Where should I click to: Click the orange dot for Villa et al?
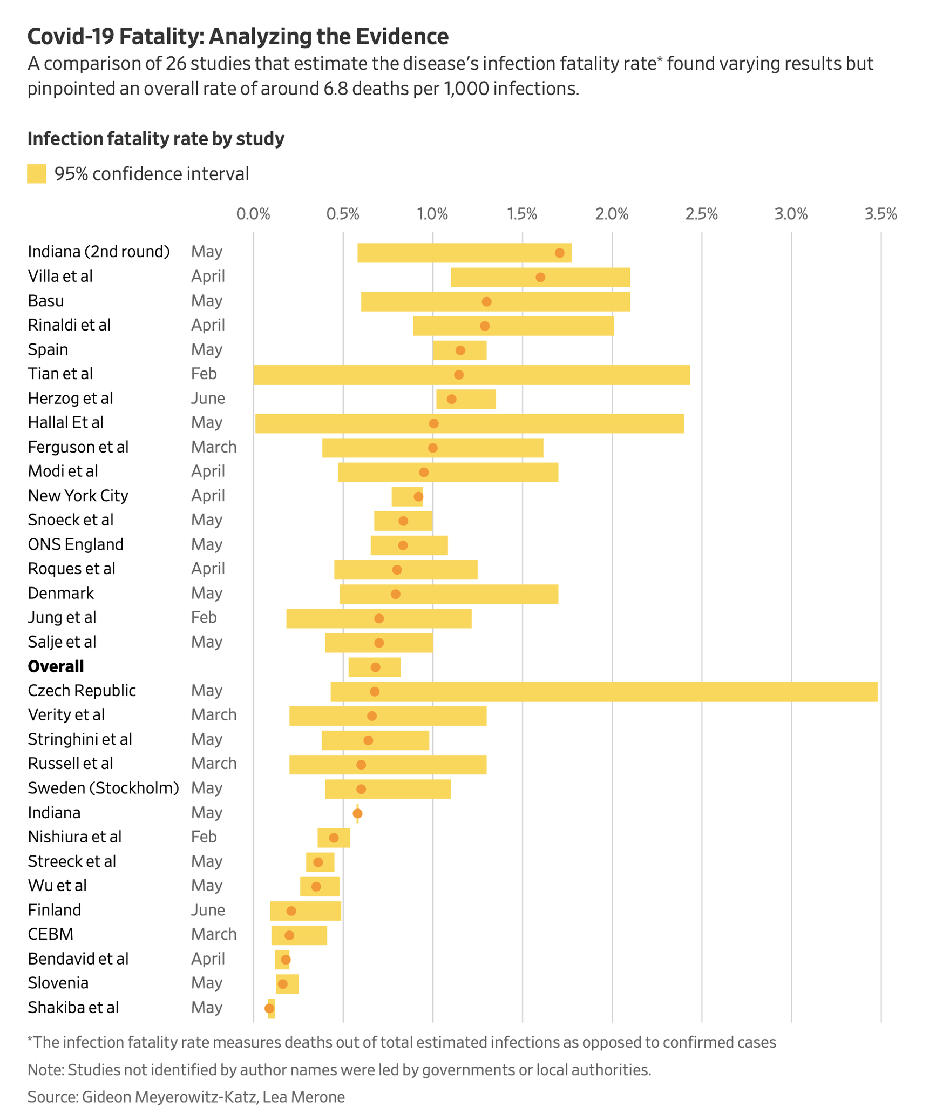click(540, 277)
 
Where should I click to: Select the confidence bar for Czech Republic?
click(604, 691)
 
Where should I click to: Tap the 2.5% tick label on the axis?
click(702, 214)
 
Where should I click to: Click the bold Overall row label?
click(56, 666)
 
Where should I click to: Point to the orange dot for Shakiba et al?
click(269, 1008)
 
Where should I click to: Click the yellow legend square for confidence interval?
click(37, 174)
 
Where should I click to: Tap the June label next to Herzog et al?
click(208, 399)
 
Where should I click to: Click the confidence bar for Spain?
click(459, 350)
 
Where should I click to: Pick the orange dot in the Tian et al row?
click(459, 375)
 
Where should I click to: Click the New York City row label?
click(78, 496)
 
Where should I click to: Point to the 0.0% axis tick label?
click(253, 214)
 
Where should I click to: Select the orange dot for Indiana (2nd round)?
click(560, 253)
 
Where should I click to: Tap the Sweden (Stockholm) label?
click(103, 788)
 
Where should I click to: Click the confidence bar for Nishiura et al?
click(334, 838)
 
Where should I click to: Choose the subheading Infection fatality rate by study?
click(156, 139)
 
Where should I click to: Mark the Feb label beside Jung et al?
click(204, 617)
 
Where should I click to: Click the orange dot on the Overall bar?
click(376, 667)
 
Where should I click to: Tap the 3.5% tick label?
click(881, 214)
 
